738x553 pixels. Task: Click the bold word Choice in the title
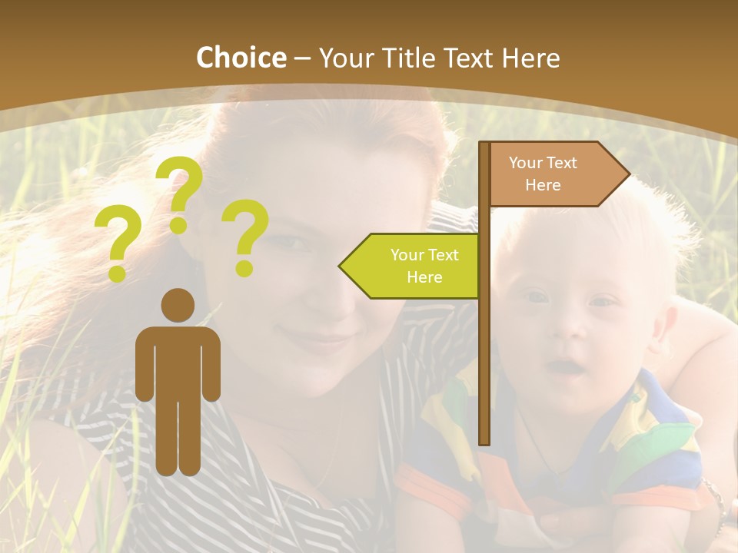coord(241,58)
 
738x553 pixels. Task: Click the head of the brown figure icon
coord(178,306)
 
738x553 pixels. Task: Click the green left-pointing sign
coord(415,266)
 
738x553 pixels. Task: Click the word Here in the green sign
coord(424,277)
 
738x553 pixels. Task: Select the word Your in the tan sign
coord(526,163)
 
